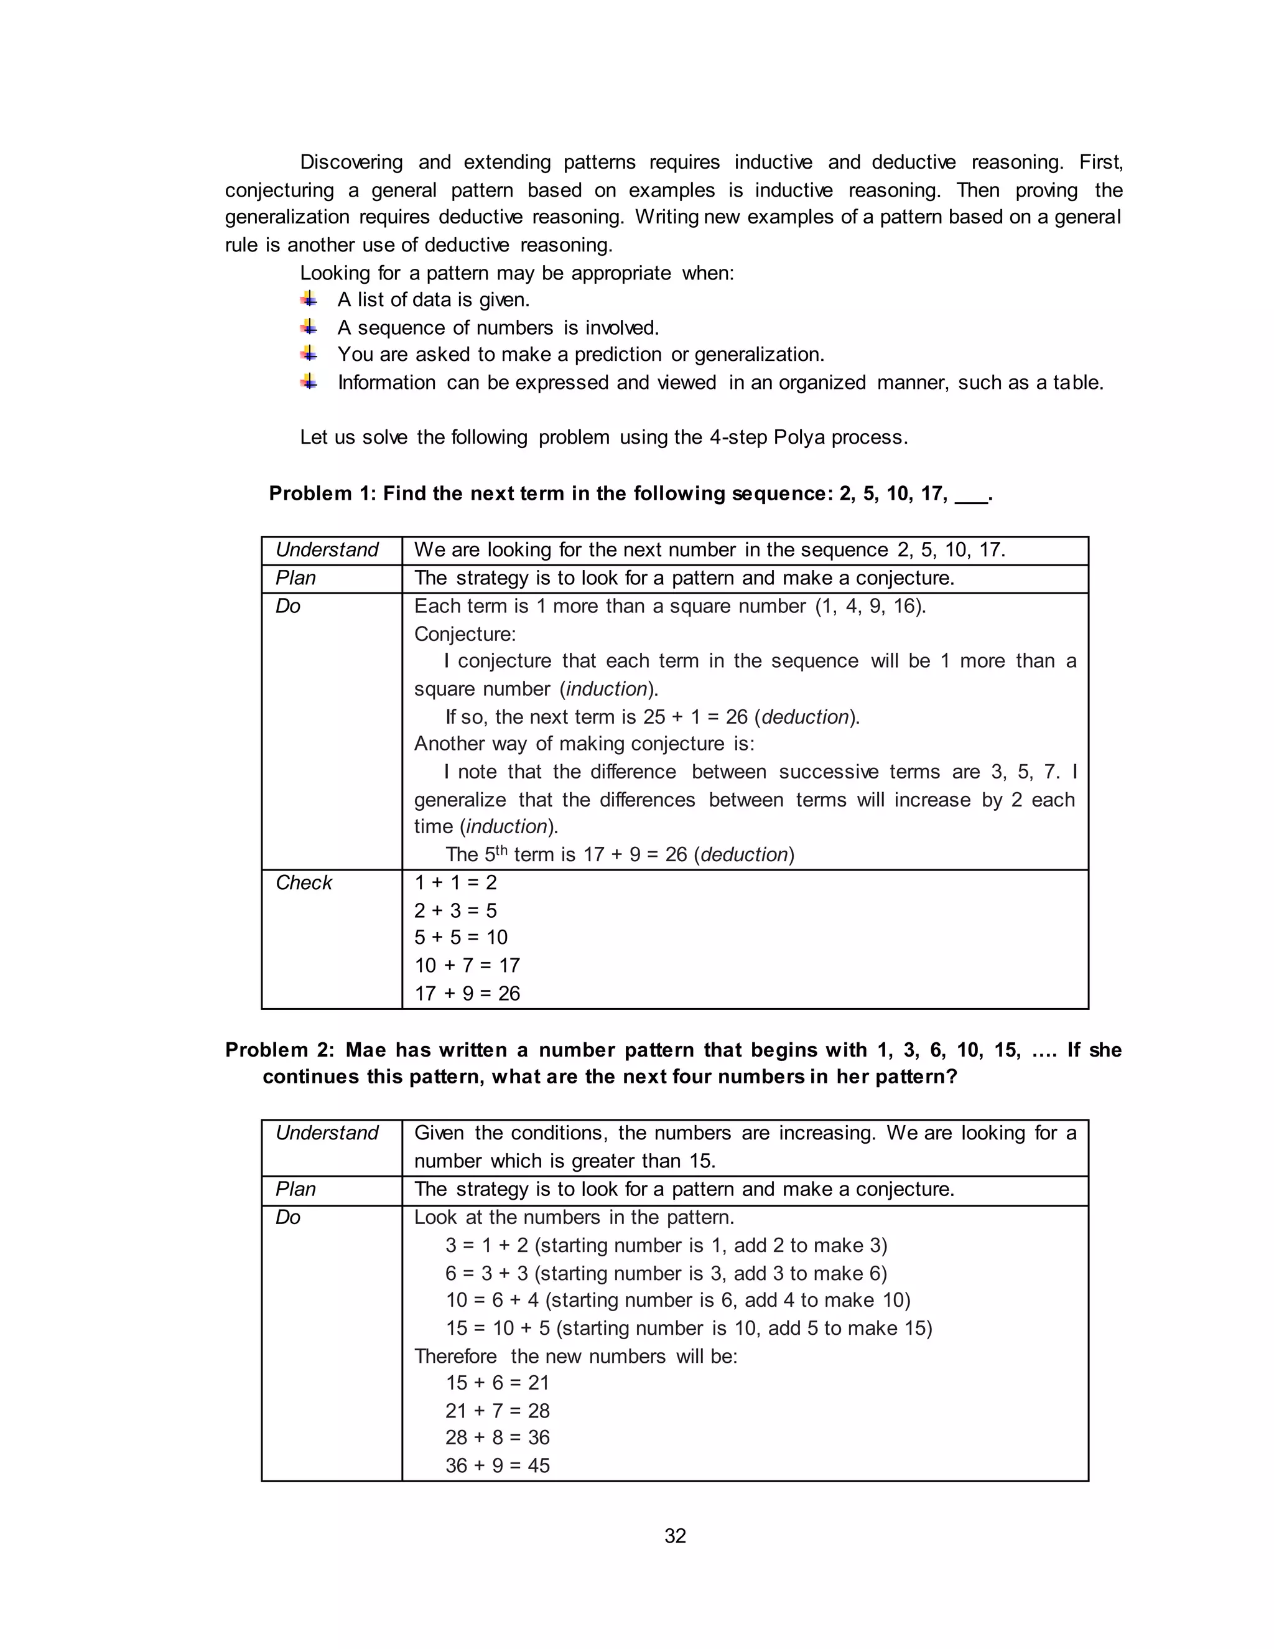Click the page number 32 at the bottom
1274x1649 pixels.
pyautogui.click(x=675, y=1536)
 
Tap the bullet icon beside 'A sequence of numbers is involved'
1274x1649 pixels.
pyautogui.click(x=309, y=327)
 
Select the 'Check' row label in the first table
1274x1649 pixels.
pyautogui.click(x=304, y=882)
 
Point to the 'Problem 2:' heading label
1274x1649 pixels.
pyautogui.click(x=279, y=1050)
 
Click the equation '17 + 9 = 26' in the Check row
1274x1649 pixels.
pyautogui.click(x=467, y=993)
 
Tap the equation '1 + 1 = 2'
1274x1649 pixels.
pyautogui.click(x=455, y=882)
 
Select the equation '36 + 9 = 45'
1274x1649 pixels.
pyautogui.click(x=498, y=1465)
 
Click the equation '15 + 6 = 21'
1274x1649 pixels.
pyautogui.click(x=498, y=1383)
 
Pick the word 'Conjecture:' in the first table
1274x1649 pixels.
pyautogui.click(x=465, y=633)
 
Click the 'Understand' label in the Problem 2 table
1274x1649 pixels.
pyautogui.click(x=327, y=1133)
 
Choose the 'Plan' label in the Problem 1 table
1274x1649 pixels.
pyautogui.click(x=296, y=577)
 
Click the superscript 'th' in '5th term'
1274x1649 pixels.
pyautogui.click(x=501, y=850)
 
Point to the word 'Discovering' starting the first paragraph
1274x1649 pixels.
pyautogui.click(x=351, y=162)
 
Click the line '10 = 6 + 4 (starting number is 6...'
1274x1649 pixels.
pyautogui.click(x=678, y=1299)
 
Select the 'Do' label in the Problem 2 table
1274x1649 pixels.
pyautogui.click(x=288, y=1217)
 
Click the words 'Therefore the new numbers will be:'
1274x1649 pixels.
pyautogui.click(x=575, y=1356)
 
